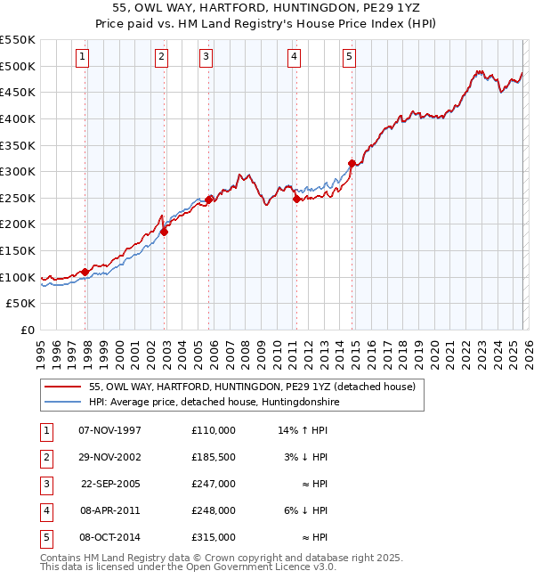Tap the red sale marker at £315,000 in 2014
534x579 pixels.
pos(352,163)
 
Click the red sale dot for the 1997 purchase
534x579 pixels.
pos(85,272)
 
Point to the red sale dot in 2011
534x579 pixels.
pos(296,199)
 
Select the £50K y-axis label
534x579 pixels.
pos(21,304)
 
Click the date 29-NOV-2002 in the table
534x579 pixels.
pos(109,456)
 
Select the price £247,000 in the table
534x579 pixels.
pos(213,484)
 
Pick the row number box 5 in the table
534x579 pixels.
pos(45,537)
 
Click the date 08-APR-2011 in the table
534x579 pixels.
pos(109,510)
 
